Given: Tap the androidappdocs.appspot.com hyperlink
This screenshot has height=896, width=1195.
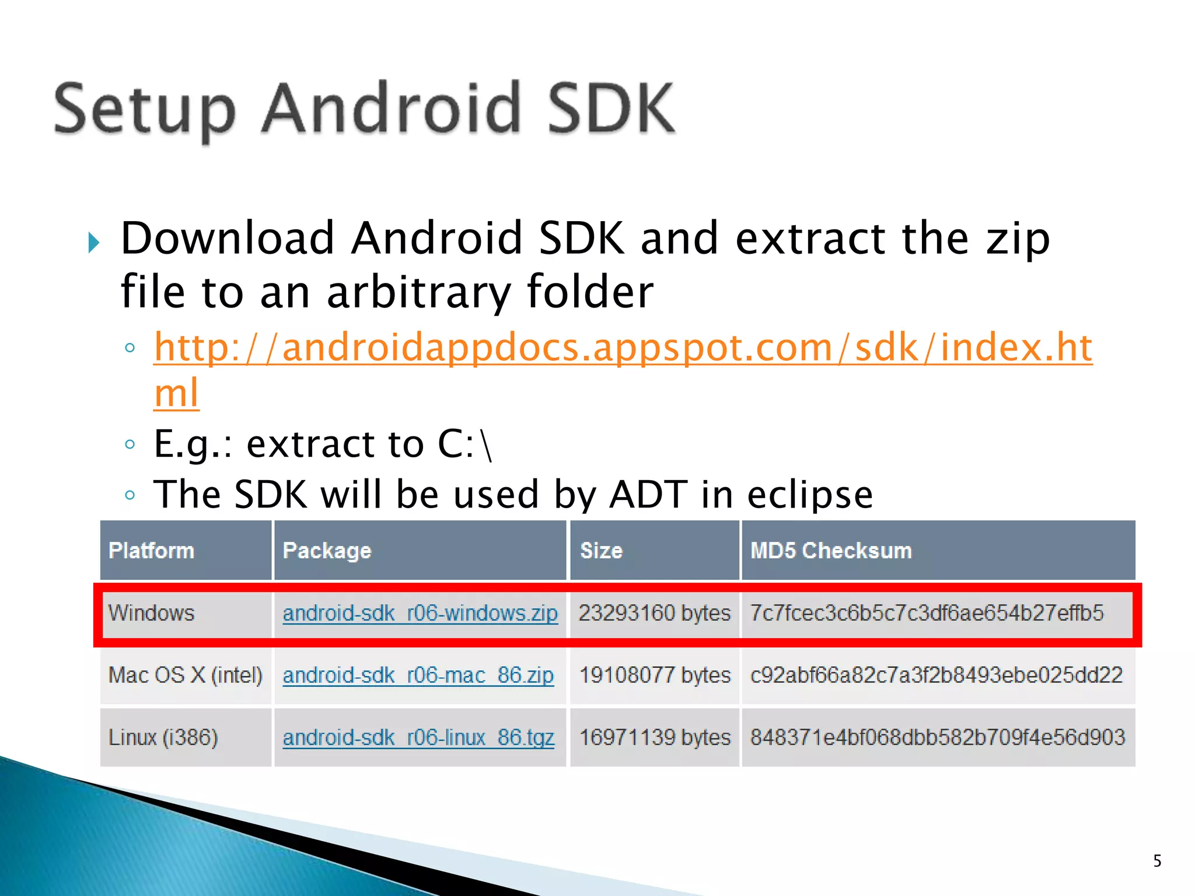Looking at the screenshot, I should (x=623, y=348).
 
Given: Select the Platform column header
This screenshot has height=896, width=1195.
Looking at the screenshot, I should (x=151, y=551).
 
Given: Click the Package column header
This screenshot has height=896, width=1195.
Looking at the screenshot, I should (x=327, y=551).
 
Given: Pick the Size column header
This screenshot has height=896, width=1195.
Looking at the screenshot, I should (x=601, y=551).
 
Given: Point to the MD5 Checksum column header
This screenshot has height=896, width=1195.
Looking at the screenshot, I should (x=830, y=551).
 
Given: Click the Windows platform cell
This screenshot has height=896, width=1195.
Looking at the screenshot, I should (x=151, y=613).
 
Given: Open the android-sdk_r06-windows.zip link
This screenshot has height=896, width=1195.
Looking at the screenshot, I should (x=420, y=614).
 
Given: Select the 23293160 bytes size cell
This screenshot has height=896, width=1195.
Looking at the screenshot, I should (x=654, y=613).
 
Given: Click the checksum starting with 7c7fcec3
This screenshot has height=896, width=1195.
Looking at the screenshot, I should (x=927, y=613).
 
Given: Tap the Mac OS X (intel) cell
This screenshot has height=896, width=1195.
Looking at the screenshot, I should (x=186, y=675).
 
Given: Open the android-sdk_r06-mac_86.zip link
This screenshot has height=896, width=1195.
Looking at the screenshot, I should (x=418, y=675).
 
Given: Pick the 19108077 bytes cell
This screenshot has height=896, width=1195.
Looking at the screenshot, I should (x=655, y=675).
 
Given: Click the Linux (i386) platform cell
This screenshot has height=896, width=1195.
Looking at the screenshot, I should (x=163, y=738).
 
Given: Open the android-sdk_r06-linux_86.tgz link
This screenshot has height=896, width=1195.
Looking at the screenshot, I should (x=418, y=738).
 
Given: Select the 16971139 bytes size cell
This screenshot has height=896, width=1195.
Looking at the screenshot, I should (x=655, y=738).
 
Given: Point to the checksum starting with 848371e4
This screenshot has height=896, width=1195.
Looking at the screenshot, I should (x=937, y=738).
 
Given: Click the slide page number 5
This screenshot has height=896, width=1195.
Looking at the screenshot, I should (x=1157, y=861).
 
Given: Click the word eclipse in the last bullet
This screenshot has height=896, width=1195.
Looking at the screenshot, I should (x=809, y=495).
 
